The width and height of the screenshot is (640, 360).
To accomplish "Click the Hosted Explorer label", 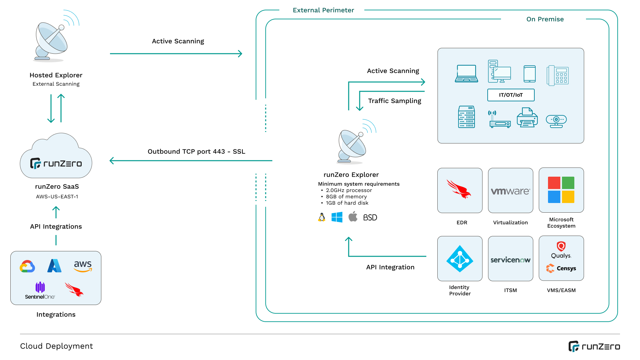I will click(56, 75).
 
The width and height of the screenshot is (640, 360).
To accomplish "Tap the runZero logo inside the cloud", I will click(56, 163).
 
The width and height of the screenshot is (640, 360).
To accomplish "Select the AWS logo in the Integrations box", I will click(83, 266).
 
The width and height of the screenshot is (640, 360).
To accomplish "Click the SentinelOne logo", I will click(40, 290).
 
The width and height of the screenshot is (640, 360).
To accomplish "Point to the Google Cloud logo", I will click(27, 266).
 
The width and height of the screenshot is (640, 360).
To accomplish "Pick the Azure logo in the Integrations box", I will click(54, 266).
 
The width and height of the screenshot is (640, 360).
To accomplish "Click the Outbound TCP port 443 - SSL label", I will click(196, 151).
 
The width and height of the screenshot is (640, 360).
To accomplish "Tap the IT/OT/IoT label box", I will click(511, 95).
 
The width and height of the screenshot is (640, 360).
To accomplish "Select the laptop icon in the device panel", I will click(466, 74).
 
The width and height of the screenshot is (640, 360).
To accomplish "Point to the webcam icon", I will click(556, 121).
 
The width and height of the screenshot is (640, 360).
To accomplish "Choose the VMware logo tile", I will click(510, 191).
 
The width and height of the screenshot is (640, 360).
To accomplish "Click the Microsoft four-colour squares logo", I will click(561, 190).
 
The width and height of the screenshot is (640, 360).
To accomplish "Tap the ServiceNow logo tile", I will click(510, 259).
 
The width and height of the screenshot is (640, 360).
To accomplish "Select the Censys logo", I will click(561, 268).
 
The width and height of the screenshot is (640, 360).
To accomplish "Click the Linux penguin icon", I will click(322, 217).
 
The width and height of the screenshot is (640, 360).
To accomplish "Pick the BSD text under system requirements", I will click(370, 218).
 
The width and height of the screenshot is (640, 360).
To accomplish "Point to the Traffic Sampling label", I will click(394, 101).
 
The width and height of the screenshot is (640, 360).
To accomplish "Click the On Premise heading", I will click(545, 19).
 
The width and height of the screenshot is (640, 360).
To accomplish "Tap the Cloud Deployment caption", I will click(56, 346).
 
